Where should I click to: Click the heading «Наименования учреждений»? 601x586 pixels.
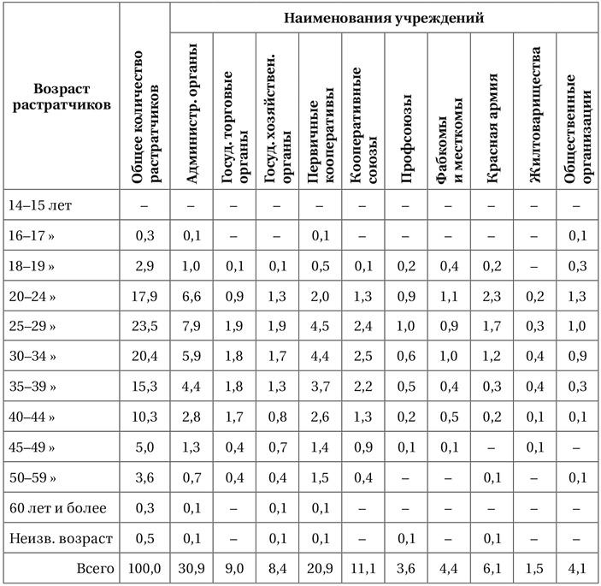(385, 16)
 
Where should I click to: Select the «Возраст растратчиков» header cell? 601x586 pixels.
(62, 98)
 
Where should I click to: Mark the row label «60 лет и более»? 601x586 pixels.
(58, 508)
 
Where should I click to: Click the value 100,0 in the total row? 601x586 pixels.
(144, 569)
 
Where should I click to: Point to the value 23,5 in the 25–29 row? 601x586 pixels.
(144, 327)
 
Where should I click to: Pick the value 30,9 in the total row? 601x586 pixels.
(192, 569)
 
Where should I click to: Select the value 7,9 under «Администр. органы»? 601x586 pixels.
(192, 327)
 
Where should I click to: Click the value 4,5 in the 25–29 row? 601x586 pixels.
(320, 327)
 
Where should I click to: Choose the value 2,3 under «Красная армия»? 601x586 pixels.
(492, 296)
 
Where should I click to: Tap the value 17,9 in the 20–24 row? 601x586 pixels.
(144, 296)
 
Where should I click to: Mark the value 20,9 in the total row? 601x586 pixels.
(320, 569)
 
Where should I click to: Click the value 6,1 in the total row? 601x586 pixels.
(492, 569)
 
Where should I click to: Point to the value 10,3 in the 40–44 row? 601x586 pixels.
(144, 417)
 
